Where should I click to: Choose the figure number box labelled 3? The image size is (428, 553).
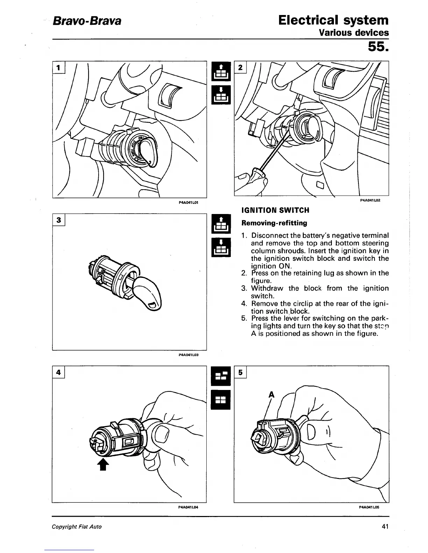click(59, 220)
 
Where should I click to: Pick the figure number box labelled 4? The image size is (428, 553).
click(59, 372)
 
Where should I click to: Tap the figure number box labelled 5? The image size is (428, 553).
click(240, 372)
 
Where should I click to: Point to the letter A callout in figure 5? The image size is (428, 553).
click(271, 395)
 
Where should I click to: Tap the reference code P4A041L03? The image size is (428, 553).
click(188, 355)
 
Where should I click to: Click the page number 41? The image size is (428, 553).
click(385, 526)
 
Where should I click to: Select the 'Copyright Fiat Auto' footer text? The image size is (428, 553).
click(77, 526)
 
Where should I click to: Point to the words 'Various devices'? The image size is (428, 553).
click(354, 33)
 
